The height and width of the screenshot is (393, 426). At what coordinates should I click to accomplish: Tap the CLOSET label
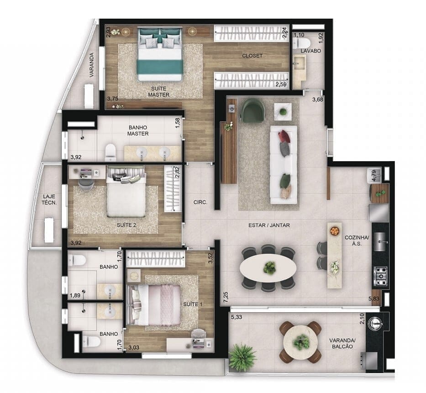[x=252, y=56]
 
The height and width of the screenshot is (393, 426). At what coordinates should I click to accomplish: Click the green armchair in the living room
[x=252, y=111]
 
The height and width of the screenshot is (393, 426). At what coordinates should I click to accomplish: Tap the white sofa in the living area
[x=284, y=164]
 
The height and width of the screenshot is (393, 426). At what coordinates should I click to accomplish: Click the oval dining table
[x=268, y=267]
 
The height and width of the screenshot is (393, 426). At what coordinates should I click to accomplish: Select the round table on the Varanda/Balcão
[x=301, y=342]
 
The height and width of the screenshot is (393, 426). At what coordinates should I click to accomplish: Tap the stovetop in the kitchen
[x=380, y=274]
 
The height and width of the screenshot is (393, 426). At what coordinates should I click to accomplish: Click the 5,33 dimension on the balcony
[x=237, y=317]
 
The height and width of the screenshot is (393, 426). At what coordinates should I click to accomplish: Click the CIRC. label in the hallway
[x=200, y=201]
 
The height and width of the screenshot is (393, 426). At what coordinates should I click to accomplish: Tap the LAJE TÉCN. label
[x=49, y=199]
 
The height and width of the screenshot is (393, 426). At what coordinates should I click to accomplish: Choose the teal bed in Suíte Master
[x=160, y=54]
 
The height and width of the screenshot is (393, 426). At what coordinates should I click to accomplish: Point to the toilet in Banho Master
[x=110, y=152]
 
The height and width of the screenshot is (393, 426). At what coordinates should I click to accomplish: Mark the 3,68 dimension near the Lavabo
[x=318, y=100]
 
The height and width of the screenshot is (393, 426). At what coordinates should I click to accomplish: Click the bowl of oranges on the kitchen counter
[x=335, y=230]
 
